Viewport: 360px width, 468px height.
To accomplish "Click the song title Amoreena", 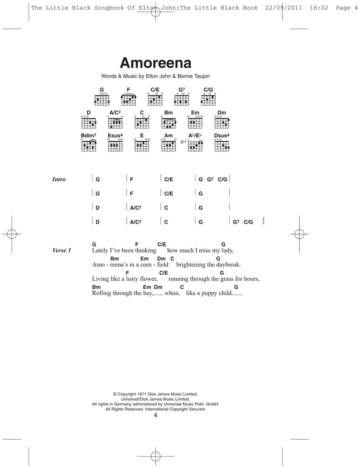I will tap(155, 63).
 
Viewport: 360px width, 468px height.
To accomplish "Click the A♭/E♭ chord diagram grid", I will tap(195, 146).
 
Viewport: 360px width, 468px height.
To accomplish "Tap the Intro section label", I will tap(59, 180).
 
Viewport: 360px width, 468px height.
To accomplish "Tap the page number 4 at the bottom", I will tap(155, 415).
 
